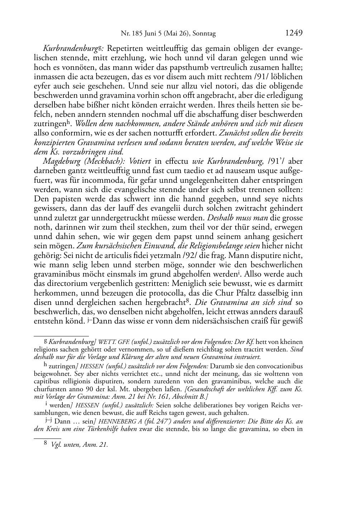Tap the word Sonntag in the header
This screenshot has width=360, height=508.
click(x=204, y=34)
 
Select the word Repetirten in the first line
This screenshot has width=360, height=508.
click(x=124, y=48)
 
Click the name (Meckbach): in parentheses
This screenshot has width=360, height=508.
click(x=100, y=162)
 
